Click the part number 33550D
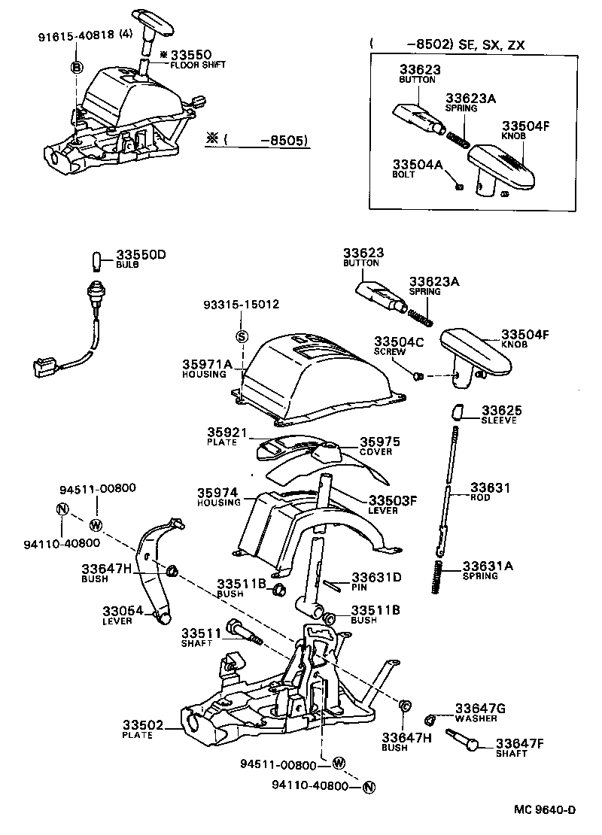140,255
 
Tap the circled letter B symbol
76,68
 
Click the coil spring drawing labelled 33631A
439,576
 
